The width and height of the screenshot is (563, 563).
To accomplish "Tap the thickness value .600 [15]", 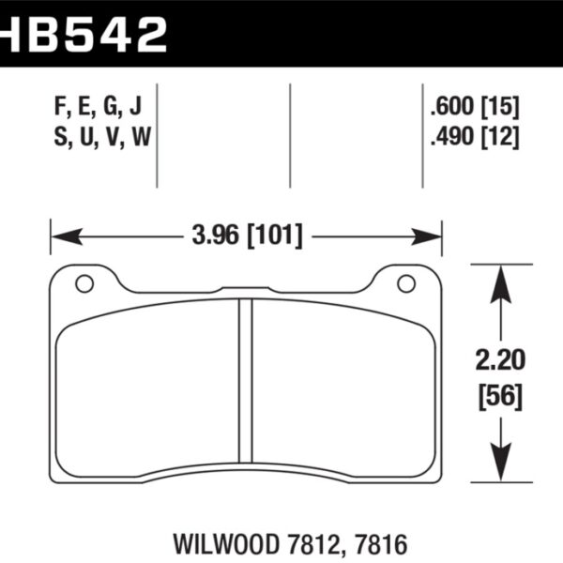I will point(472,104).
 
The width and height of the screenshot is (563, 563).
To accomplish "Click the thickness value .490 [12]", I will point(472,137).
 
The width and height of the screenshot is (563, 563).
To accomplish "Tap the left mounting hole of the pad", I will point(84,282).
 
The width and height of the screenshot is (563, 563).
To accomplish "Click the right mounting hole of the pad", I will point(406,282).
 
